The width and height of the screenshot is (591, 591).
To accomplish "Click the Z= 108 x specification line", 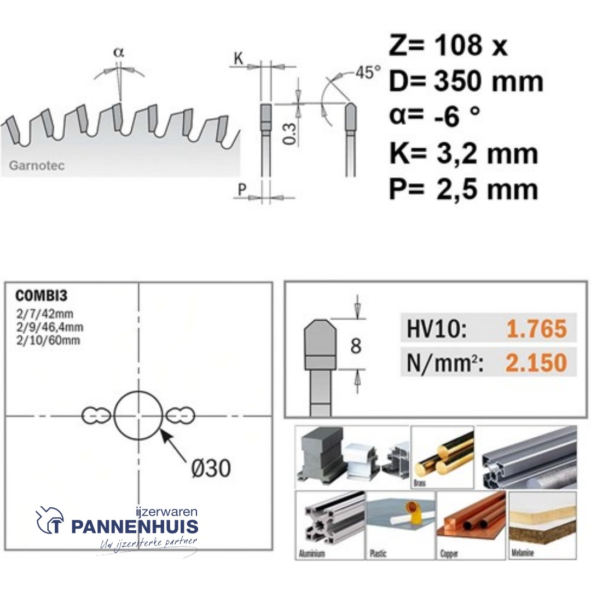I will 448,46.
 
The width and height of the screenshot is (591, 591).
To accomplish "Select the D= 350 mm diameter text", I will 466,82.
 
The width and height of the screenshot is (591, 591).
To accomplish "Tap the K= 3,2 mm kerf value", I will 463,154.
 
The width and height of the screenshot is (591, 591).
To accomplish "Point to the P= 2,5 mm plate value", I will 463,189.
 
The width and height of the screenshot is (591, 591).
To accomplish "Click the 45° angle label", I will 368,72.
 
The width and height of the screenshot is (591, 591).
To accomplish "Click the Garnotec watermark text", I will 37,166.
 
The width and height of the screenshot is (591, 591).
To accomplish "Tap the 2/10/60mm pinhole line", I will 48,340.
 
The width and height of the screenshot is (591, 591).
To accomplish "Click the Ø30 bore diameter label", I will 211,468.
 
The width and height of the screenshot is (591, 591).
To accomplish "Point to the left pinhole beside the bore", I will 96,416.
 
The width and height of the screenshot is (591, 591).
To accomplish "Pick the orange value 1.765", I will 536,329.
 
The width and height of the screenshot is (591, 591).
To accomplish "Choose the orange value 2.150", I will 536,362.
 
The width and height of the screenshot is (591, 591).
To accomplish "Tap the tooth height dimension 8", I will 356,346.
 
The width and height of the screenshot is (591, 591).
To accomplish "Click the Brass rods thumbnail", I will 442,457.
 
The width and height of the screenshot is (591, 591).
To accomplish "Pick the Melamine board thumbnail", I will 542,524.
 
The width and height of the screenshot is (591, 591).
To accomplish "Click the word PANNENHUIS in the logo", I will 134,528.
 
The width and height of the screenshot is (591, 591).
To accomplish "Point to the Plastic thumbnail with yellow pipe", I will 400,524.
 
